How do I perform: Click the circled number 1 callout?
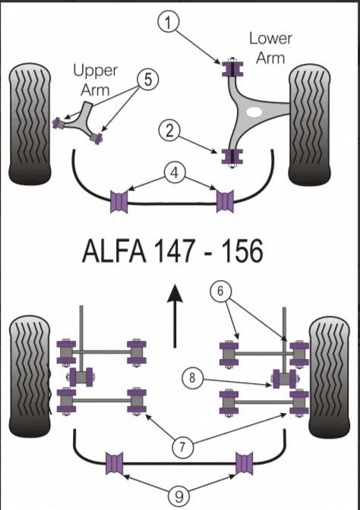(168, 23)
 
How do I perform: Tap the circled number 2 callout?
(169, 131)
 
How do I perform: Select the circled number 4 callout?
(175, 173)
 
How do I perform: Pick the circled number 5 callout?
(148, 79)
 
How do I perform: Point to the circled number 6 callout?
(220, 291)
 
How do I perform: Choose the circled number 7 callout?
(182, 447)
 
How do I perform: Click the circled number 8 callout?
(192, 378)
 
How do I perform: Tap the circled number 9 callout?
(179, 496)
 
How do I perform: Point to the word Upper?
(95, 71)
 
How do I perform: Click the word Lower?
(270, 39)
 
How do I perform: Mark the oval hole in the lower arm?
(254, 112)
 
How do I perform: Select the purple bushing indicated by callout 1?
(232, 68)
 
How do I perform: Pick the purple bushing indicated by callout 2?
(232, 156)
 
